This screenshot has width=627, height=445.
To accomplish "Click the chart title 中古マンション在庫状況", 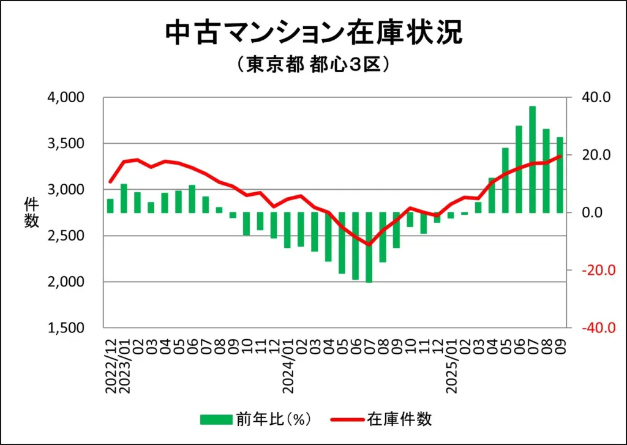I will pos(313,34).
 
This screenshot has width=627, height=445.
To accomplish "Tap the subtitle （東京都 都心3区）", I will pos(313,65).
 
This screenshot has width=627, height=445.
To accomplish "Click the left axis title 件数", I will pos(32,212).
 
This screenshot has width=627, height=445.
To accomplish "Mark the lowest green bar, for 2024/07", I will pos(369,247).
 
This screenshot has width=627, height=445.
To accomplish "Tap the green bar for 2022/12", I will pos(110,206).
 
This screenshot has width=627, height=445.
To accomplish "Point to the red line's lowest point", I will pos(369,245).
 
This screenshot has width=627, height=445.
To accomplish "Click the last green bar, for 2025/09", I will pos(560,175).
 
